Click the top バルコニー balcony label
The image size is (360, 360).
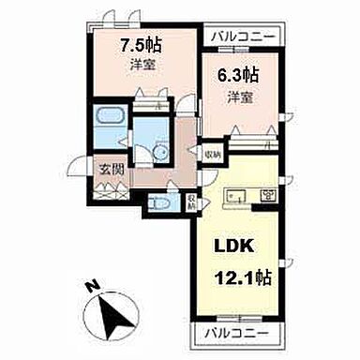pos(244,36)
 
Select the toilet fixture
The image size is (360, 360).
pos(160,202)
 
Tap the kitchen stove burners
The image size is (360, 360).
pos(267,196)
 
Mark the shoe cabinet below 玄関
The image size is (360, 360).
pos(113,187)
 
